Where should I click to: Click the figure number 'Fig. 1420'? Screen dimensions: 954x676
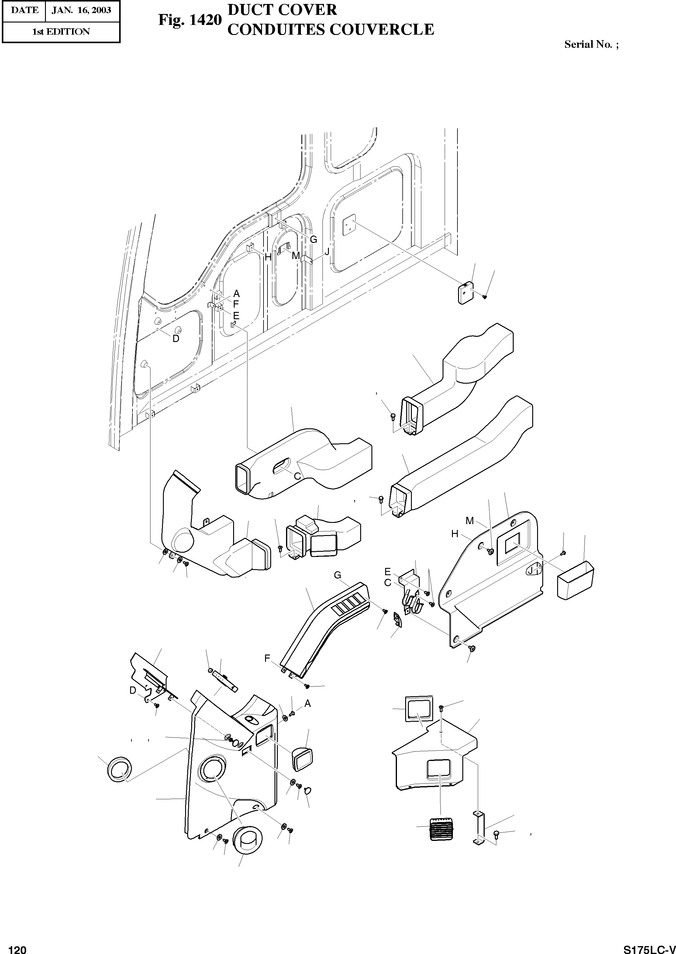point(189,20)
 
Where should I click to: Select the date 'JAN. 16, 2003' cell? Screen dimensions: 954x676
point(81,10)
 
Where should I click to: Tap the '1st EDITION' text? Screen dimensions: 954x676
point(61,32)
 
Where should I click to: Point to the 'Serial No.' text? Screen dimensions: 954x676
point(587,44)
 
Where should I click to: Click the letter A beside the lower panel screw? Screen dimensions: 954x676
point(308,703)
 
